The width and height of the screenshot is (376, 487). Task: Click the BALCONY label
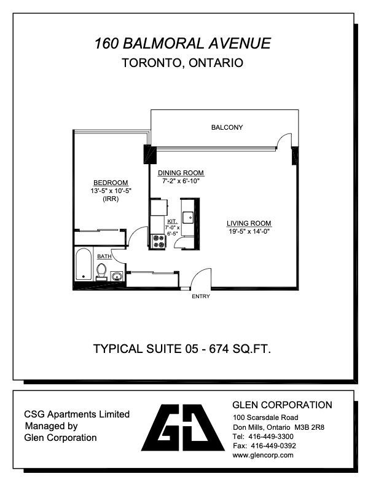point(227,127)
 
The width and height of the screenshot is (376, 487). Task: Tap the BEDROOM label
point(111,183)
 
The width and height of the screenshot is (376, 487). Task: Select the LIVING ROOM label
point(249,223)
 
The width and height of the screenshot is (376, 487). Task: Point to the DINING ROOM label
point(181,173)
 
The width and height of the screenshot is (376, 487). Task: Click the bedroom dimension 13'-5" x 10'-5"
point(111,191)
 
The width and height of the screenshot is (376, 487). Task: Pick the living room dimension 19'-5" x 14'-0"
point(249,231)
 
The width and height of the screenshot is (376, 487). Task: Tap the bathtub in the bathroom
point(84,264)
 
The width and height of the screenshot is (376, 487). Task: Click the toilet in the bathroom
point(101,271)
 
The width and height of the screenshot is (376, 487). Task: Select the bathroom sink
point(117,276)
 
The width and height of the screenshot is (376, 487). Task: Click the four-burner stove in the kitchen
point(159,241)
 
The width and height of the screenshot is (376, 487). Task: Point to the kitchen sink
point(187,218)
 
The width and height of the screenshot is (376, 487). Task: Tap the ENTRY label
point(201,296)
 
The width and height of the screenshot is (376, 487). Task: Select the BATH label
point(104,256)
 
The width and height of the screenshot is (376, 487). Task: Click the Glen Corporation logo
point(182,427)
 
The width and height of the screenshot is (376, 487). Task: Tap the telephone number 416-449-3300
point(271,437)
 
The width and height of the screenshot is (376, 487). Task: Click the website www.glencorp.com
point(263,455)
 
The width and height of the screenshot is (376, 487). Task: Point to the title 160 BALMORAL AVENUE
point(182,43)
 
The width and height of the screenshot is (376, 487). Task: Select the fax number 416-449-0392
point(273,446)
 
